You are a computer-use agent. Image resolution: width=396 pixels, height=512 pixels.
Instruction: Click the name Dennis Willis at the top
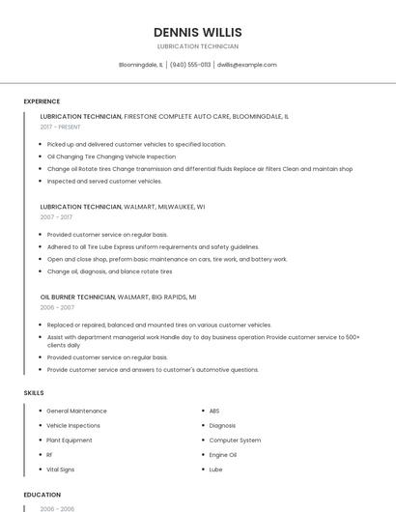[x=198, y=32]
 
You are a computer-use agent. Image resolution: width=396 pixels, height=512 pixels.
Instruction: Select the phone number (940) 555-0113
[x=189, y=65]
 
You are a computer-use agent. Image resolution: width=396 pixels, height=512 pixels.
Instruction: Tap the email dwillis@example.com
[x=246, y=65]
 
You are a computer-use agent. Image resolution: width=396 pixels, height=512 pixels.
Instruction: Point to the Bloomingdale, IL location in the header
[x=141, y=65]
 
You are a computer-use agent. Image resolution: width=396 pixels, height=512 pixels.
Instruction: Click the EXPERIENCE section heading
[x=42, y=101]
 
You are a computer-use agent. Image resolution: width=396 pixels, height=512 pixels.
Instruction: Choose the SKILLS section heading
[x=34, y=392]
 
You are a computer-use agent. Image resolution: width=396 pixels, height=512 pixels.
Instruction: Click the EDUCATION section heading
[x=42, y=494]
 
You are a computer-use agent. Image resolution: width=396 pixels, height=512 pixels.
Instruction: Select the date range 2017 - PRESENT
[x=61, y=127]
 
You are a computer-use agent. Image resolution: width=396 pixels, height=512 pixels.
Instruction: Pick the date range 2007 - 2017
[x=56, y=217]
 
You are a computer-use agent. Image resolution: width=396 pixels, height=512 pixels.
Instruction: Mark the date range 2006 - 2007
[x=57, y=307]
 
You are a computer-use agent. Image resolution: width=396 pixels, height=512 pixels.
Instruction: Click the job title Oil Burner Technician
[x=78, y=297]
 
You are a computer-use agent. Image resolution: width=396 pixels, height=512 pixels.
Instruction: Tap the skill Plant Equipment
[x=70, y=440]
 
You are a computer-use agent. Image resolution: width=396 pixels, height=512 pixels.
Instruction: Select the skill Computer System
[x=235, y=440]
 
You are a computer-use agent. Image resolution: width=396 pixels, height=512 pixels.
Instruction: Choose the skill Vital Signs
[x=61, y=469]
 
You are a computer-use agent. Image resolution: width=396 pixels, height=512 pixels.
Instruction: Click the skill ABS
[x=214, y=411]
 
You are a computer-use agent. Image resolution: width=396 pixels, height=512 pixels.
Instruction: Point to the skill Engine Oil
[x=223, y=454]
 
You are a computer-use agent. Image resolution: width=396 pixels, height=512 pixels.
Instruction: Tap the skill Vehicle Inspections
[x=73, y=425]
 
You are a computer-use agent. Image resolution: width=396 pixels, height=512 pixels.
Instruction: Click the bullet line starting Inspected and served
[x=104, y=181]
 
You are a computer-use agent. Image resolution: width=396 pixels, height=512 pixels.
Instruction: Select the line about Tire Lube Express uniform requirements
[x=153, y=246]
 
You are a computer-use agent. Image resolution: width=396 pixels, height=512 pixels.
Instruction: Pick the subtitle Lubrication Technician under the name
[x=198, y=46]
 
